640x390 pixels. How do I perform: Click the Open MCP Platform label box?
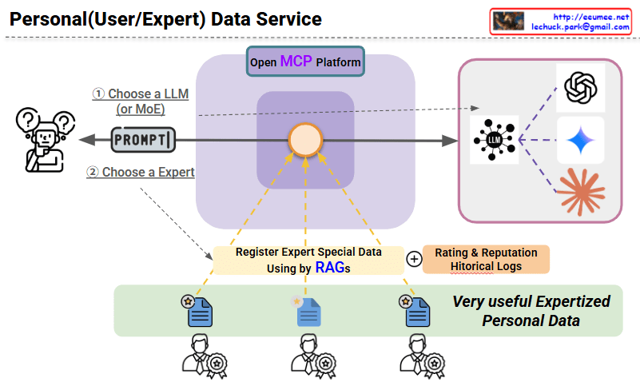[305, 62]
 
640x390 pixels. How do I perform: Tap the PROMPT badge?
[142, 140]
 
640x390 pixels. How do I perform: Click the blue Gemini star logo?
[581, 141]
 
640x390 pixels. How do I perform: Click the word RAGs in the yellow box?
[332, 269]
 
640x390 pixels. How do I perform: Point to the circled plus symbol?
[414, 259]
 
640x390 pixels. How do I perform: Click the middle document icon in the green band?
[308, 312]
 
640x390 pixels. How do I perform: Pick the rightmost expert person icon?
[420, 355]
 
